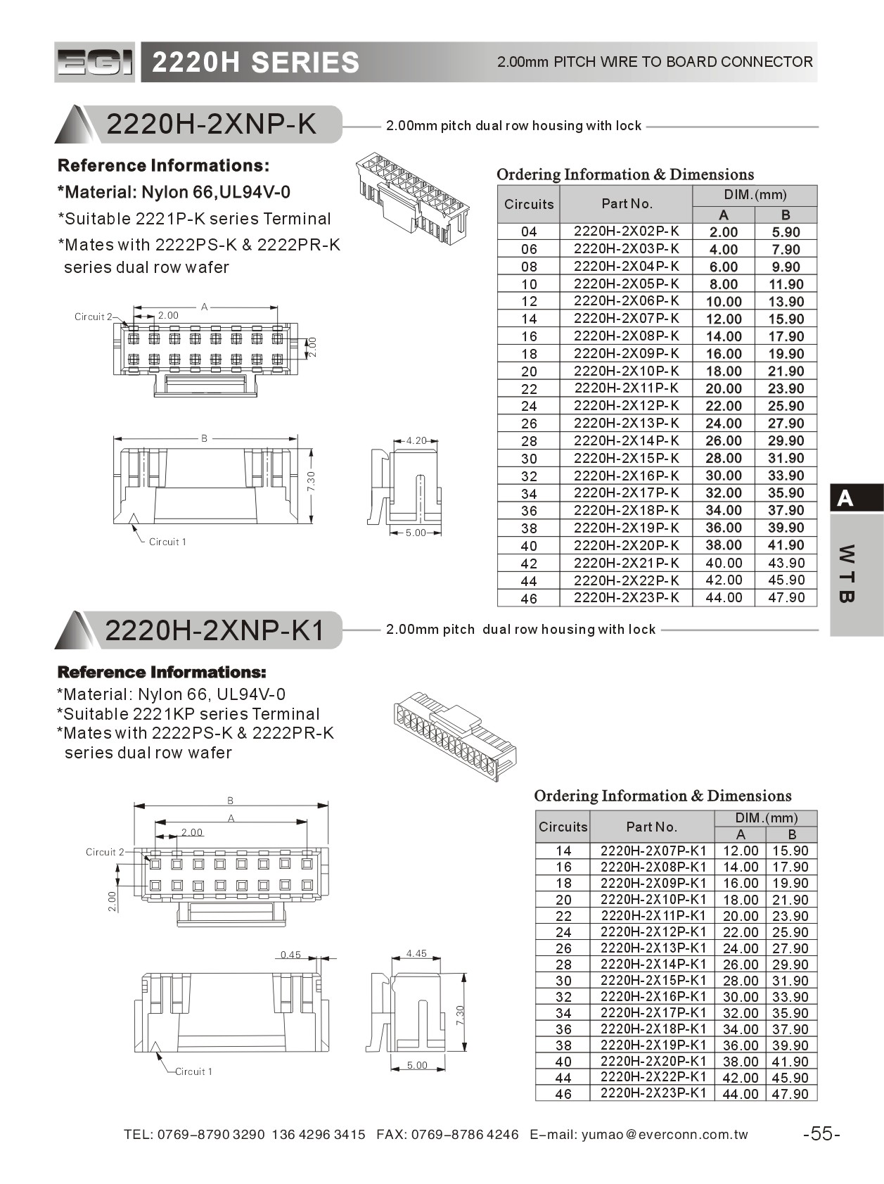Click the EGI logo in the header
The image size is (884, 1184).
(94, 63)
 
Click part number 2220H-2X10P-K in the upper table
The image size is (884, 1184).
(626, 371)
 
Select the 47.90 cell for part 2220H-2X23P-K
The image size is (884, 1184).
(786, 597)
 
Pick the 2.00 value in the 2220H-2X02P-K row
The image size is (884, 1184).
(723, 232)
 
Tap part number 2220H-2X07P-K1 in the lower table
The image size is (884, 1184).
(653, 851)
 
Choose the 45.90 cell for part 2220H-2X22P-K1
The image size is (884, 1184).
(790, 1078)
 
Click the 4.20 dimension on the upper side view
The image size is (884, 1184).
(416, 441)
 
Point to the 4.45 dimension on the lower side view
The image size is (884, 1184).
(416, 954)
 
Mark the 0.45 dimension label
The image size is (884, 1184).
(290, 955)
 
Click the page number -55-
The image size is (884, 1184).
(821, 1133)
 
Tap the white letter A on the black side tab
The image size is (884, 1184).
(845, 499)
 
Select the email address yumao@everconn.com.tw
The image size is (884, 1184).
(665, 1134)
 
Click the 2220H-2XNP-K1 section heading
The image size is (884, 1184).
(214, 630)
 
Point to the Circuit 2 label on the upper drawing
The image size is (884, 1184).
(94, 317)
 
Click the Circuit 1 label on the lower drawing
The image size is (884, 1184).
(193, 1071)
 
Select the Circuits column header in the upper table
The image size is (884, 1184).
(529, 204)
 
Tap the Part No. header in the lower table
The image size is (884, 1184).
(651, 827)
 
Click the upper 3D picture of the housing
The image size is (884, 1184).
(411, 192)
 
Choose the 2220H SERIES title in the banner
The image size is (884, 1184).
(255, 63)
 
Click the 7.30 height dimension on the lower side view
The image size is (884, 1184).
(459, 1014)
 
